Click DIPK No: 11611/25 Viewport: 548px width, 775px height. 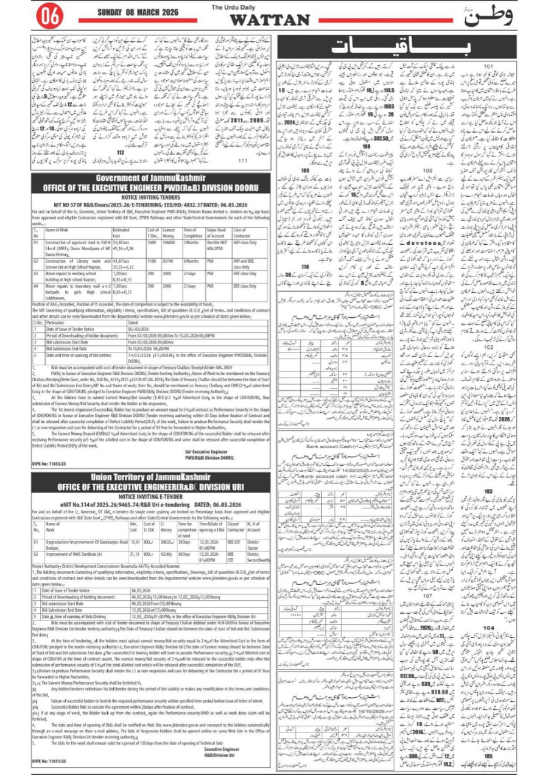pos(52,761)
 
